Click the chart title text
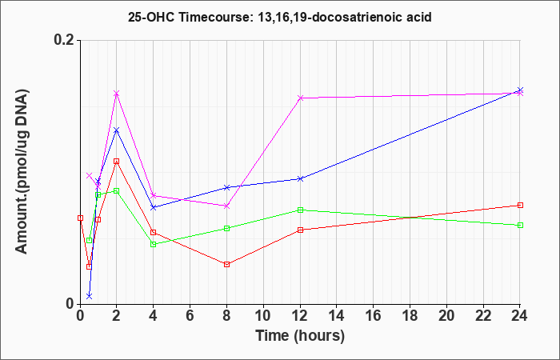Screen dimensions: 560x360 tap(280, 17)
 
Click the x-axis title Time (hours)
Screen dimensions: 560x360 tap(300, 336)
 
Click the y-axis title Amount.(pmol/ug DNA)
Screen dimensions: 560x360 tap(22, 171)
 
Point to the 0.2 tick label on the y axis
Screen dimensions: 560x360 tap(64, 40)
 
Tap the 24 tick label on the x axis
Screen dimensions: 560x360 tap(520, 316)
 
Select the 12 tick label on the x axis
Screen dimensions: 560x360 tap(300, 316)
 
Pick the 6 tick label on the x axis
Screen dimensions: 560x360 tap(190, 316)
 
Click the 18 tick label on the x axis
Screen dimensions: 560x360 tap(410, 316)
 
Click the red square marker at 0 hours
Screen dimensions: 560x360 tap(80, 218)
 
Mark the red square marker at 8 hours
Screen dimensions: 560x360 tap(226, 264)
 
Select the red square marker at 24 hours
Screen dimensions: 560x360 tap(520, 205)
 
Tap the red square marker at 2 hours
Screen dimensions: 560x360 tap(116, 161)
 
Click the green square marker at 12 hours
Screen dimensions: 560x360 tap(300, 210)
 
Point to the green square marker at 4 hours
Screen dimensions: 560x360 tap(154, 244)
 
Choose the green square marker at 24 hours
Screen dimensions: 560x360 tap(520, 225)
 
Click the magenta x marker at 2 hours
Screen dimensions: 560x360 tap(116, 94)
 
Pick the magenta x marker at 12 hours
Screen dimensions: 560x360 tap(300, 98)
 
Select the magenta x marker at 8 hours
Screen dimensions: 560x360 tap(226, 206)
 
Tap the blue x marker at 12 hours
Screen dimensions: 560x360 tap(300, 178)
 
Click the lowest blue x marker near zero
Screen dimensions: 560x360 tap(89, 296)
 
